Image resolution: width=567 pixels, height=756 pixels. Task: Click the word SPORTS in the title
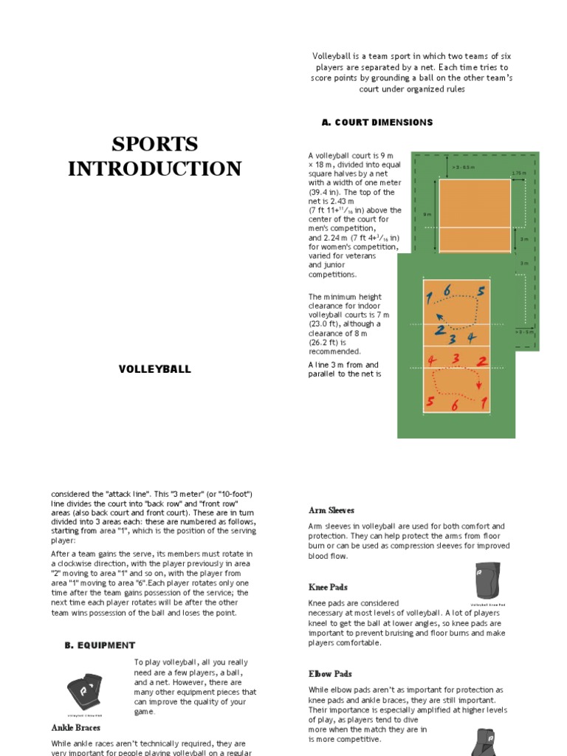[155, 143]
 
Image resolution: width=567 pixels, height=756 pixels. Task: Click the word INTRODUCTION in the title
[155, 168]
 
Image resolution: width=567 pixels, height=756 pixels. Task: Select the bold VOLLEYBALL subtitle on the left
[155, 369]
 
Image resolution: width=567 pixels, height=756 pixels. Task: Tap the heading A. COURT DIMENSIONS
[377, 123]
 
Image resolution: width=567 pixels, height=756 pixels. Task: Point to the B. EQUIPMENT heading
[100, 645]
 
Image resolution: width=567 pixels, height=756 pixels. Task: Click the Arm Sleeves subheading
[331, 510]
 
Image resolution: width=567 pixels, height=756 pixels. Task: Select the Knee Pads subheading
[329, 587]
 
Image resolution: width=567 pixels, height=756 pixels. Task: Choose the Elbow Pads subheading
[330, 674]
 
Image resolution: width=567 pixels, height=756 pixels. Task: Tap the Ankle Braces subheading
[76, 727]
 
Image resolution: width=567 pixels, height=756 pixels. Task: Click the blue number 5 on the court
[481, 292]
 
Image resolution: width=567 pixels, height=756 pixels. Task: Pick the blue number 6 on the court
[447, 291]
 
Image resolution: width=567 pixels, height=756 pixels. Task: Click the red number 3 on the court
[456, 360]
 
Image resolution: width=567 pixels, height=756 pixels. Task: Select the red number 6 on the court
[455, 405]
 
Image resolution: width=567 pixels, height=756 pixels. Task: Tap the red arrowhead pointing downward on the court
[479, 385]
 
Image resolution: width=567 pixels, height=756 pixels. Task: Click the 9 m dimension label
[427, 214]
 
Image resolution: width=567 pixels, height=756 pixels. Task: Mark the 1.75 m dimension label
[519, 173]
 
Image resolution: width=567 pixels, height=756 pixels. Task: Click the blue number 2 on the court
[440, 330]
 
